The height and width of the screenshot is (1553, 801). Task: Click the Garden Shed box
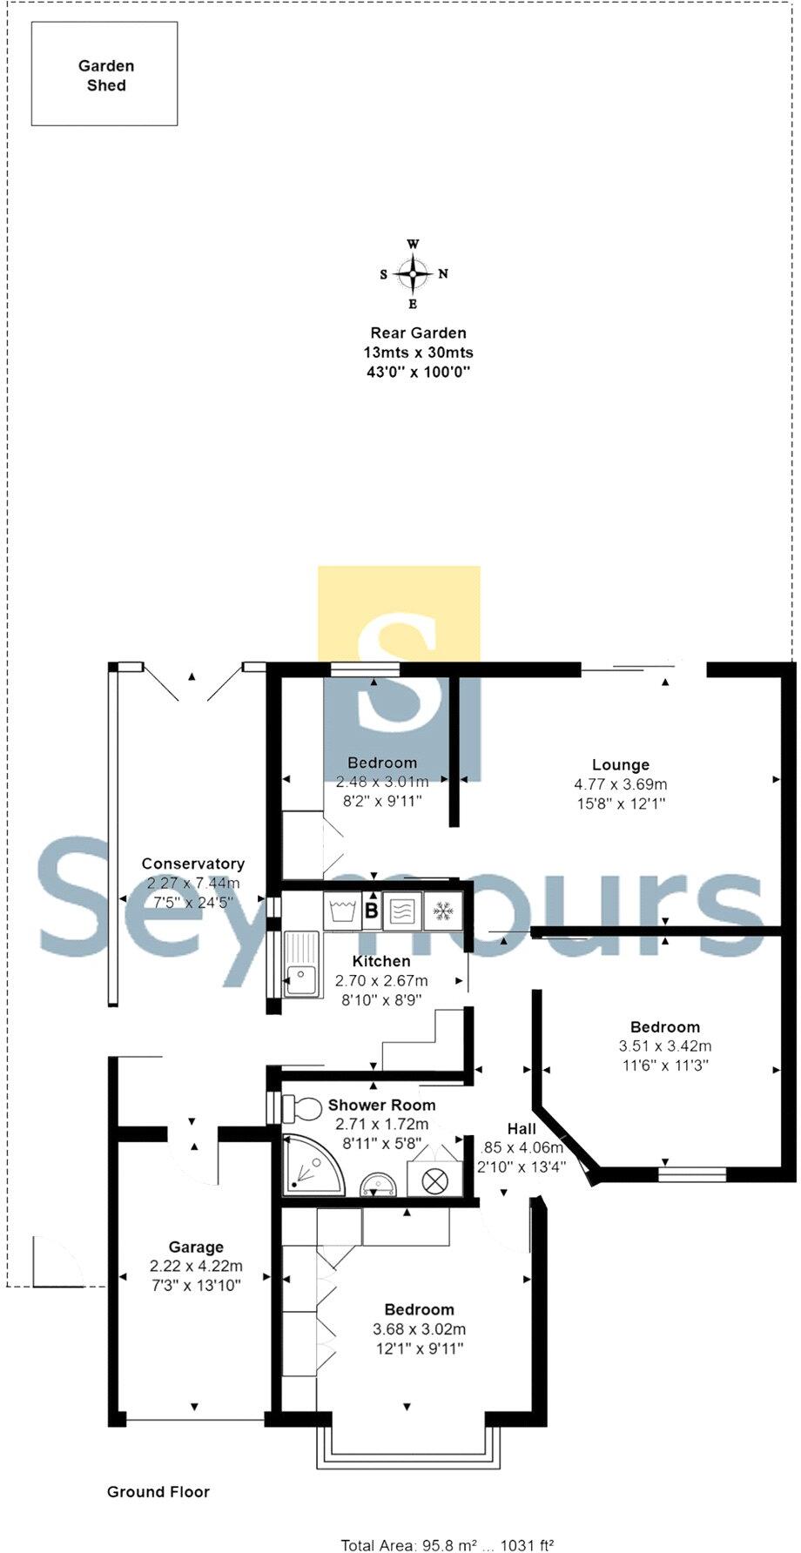click(x=104, y=74)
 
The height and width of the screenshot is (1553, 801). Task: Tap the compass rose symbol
click(x=413, y=273)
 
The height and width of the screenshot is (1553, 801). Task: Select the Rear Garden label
click(x=418, y=333)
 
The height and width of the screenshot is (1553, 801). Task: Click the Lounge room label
click(x=620, y=765)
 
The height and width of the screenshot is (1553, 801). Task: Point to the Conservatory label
click(x=192, y=864)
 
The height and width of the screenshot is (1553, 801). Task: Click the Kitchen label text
click(x=381, y=961)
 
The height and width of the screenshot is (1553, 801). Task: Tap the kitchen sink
click(x=300, y=963)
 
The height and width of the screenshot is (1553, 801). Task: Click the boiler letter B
click(x=372, y=912)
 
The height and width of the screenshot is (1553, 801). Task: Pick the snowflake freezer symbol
click(x=444, y=911)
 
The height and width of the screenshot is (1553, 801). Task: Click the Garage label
click(x=196, y=1247)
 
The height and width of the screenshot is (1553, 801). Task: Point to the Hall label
click(x=522, y=1128)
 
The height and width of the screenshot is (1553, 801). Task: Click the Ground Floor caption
click(x=158, y=1491)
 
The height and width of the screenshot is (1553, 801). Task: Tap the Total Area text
click(x=447, y=1545)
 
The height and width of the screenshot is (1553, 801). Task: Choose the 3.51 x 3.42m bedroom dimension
click(x=664, y=1046)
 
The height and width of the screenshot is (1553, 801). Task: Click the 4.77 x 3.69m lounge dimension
click(x=620, y=784)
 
